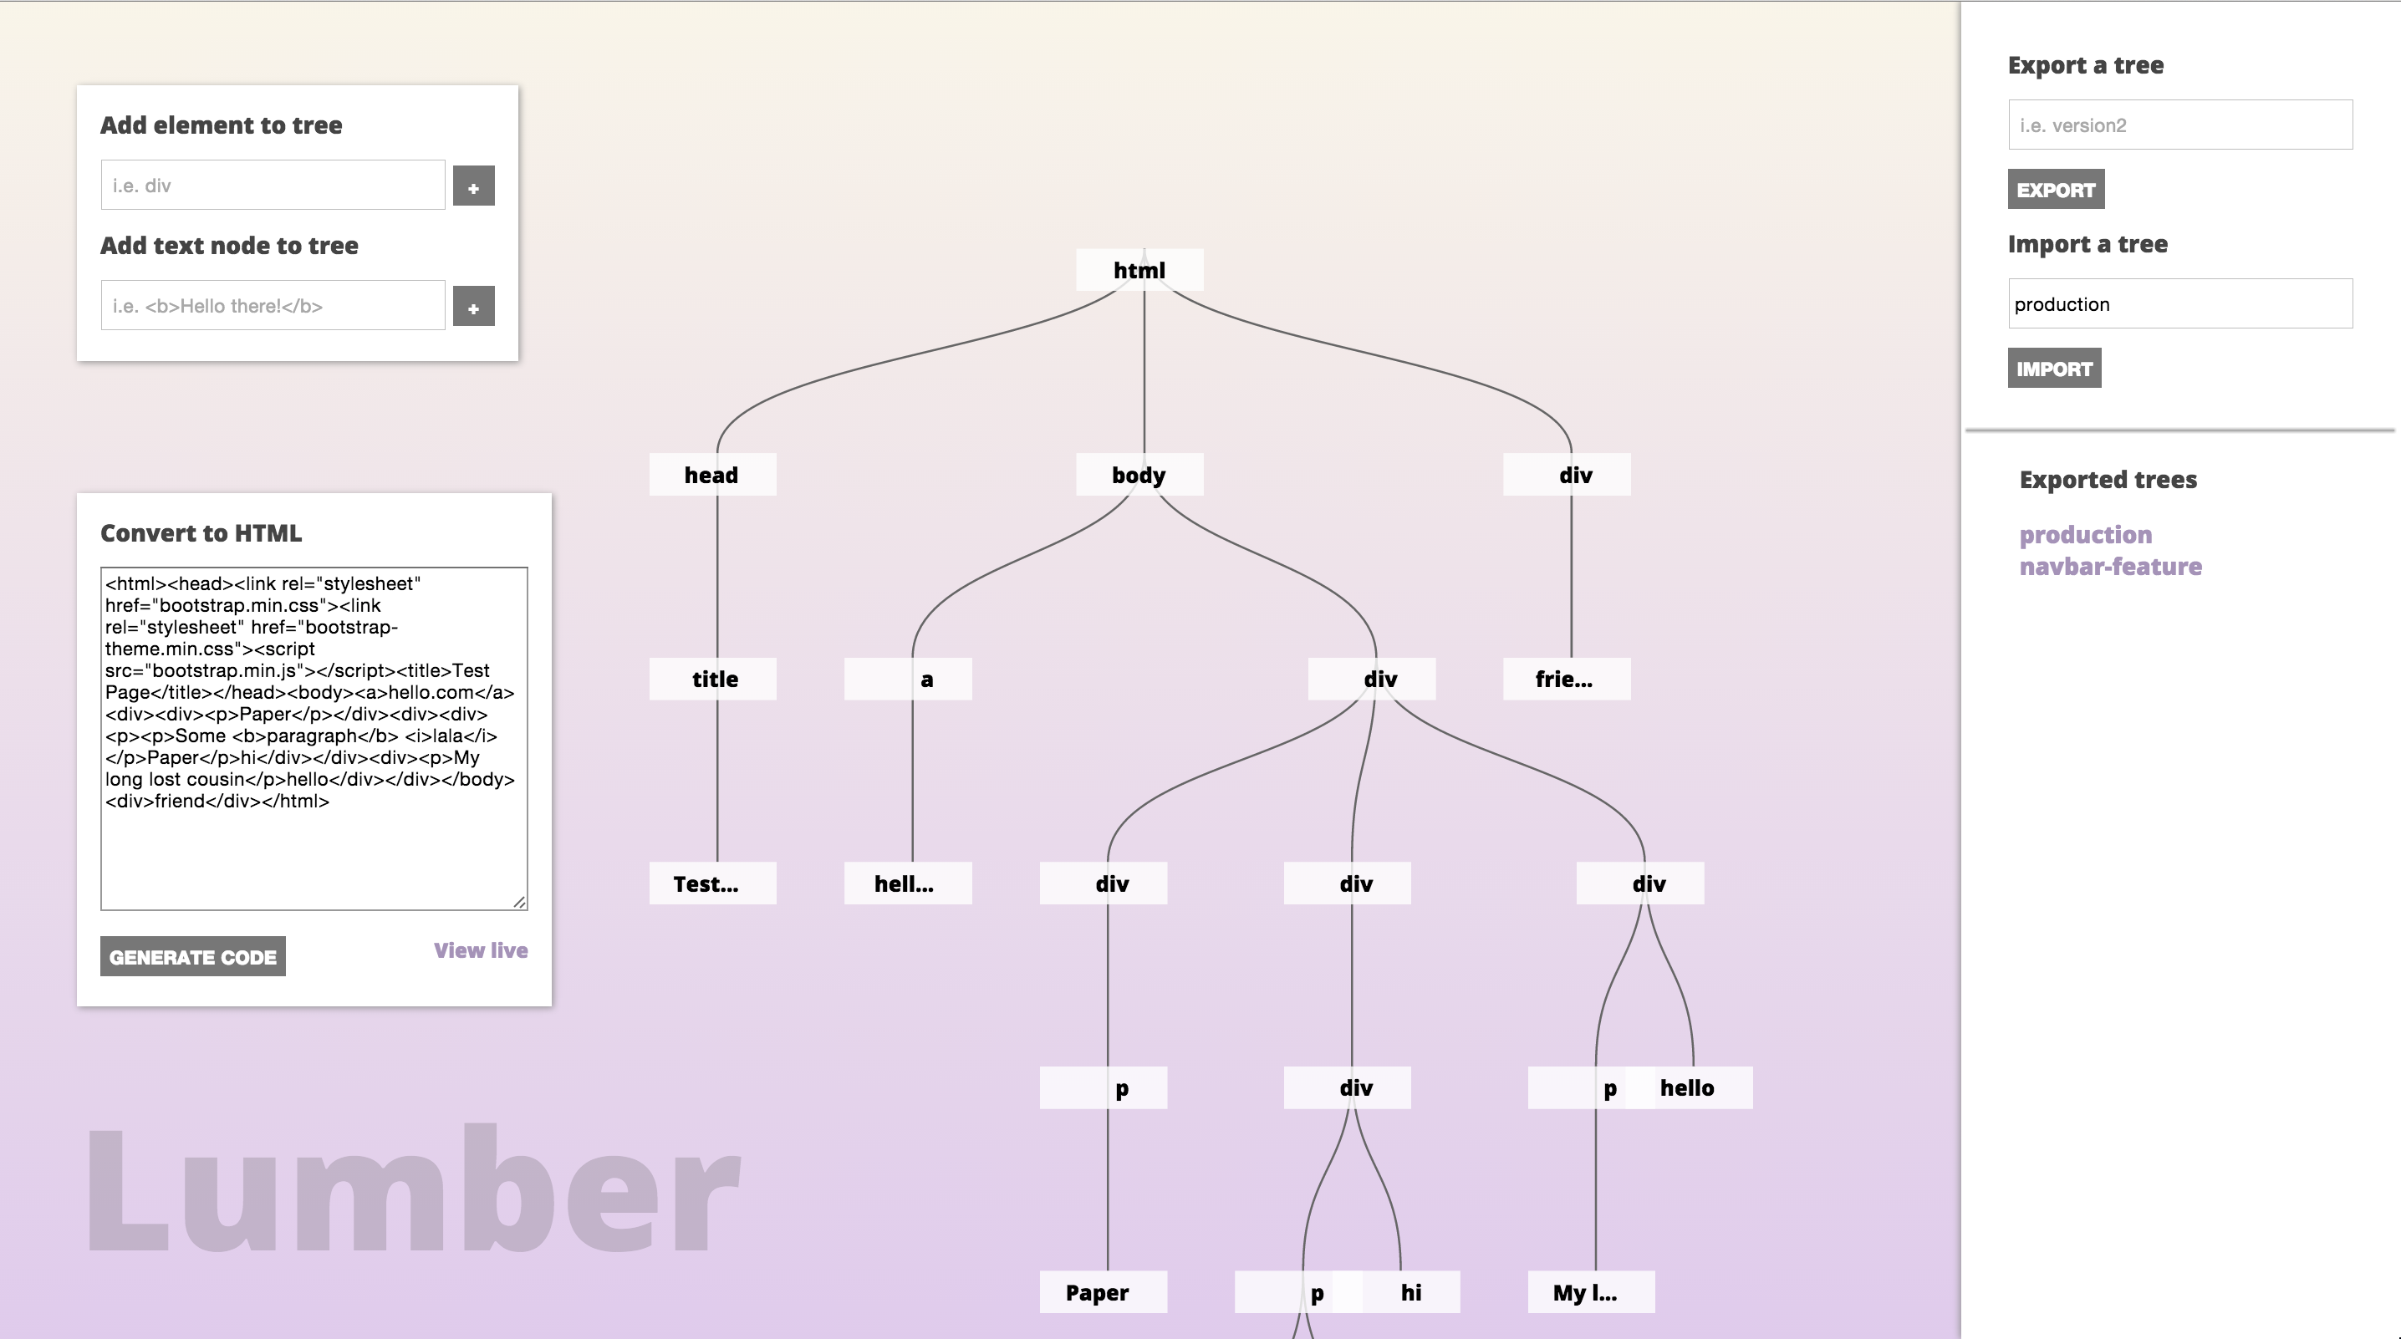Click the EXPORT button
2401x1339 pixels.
click(x=2055, y=189)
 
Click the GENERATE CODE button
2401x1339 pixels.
click(x=193, y=957)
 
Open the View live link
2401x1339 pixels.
click(x=480, y=950)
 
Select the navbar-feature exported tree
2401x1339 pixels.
click(x=2110, y=567)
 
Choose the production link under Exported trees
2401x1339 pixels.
click(x=2085, y=535)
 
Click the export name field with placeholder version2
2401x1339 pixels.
click(x=2179, y=125)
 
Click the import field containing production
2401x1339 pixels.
click(x=2179, y=303)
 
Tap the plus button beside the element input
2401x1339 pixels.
click(x=473, y=186)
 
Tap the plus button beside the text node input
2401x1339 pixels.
click(x=473, y=307)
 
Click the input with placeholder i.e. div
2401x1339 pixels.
click(x=273, y=186)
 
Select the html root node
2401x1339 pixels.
click(x=1139, y=270)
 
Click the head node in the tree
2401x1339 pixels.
click(x=712, y=476)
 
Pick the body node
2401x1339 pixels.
click(x=1139, y=476)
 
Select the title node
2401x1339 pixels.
click(x=713, y=680)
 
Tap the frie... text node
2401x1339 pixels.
click(x=1566, y=680)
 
